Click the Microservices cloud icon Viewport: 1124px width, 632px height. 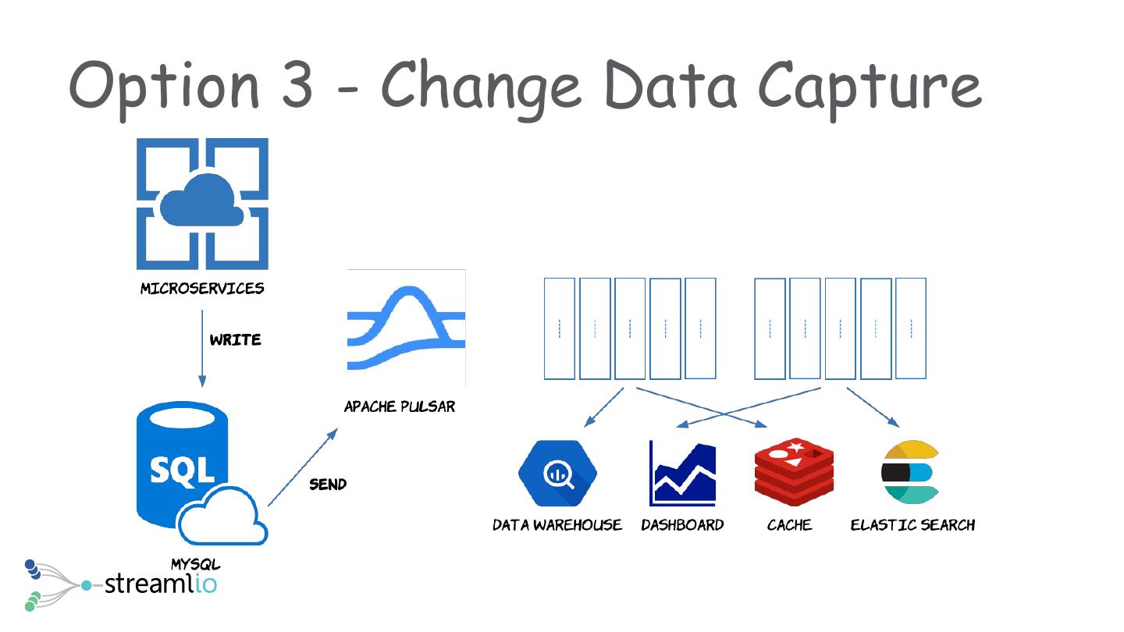coord(202,204)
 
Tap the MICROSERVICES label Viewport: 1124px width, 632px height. coord(202,289)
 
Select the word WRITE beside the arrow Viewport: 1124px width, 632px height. coord(235,340)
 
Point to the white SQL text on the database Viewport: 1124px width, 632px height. coord(182,470)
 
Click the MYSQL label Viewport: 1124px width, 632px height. coord(195,564)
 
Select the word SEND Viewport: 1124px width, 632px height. coord(328,485)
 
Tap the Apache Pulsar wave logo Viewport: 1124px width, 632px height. coord(406,328)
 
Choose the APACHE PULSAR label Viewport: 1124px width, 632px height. coord(400,407)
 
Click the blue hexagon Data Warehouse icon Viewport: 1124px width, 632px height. coord(557,474)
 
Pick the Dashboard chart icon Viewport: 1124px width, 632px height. coord(682,474)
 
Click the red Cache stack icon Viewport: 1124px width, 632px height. coord(794,472)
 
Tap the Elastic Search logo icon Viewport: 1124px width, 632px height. coord(909,473)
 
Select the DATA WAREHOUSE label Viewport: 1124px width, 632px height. coord(557,525)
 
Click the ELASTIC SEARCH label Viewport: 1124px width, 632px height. coord(912,525)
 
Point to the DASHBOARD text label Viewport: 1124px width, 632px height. coord(682,525)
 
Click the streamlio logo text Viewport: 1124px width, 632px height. coord(160,583)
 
